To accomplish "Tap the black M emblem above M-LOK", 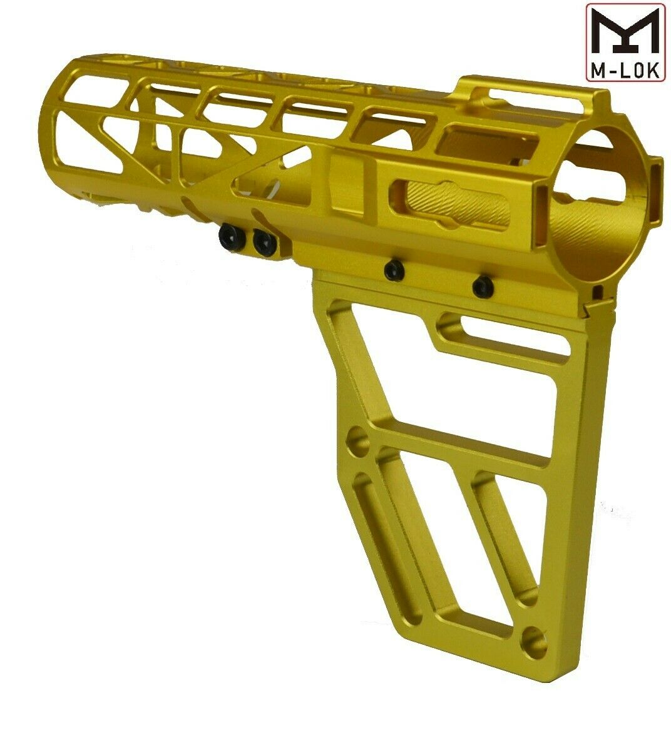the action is click(625, 31).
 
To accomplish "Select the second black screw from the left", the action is click(264, 241).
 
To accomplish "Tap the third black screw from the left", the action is click(394, 270).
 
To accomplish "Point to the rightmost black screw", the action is click(483, 286).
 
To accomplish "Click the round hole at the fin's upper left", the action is click(359, 440).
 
